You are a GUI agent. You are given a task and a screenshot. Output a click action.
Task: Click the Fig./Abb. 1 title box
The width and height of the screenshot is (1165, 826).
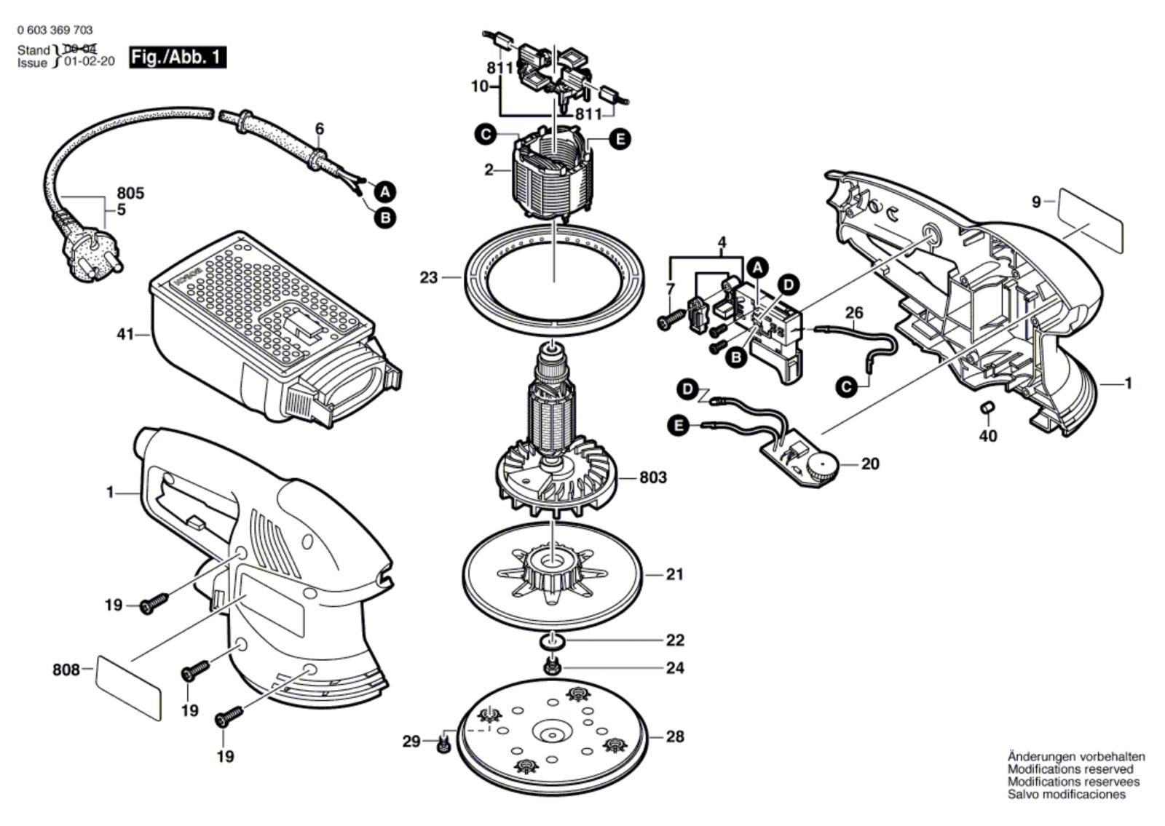(x=178, y=57)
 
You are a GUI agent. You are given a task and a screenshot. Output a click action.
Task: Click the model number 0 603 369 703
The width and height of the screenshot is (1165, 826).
(x=55, y=31)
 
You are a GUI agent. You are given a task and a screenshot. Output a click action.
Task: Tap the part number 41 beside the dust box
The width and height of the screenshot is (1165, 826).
(x=125, y=334)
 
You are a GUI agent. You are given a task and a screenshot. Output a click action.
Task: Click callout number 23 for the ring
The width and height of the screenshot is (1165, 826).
(x=429, y=277)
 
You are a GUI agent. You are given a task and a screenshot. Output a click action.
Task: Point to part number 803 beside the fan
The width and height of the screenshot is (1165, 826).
(x=652, y=477)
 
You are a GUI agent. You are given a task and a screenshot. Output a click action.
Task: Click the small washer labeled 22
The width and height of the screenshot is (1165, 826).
(x=552, y=641)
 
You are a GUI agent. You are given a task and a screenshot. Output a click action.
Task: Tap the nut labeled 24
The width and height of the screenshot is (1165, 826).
(x=551, y=667)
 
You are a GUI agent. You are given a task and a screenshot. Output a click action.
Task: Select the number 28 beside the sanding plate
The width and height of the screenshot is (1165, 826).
(x=675, y=736)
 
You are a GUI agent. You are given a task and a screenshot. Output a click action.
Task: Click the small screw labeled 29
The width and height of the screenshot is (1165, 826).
(x=443, y=742)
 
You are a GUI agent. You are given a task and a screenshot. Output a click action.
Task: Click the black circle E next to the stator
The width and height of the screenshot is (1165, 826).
(x=620, y=140)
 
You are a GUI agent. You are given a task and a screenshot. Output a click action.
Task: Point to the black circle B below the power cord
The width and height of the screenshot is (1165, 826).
(x=385, y=218)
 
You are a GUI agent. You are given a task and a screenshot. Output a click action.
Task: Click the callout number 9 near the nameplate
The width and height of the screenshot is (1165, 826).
(x=1037, y=201)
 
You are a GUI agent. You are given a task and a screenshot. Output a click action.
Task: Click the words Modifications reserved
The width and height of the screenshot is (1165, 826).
(x=1070, y=769)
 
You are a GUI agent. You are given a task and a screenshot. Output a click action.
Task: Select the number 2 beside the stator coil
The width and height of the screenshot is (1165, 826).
(x=489, y=170)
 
